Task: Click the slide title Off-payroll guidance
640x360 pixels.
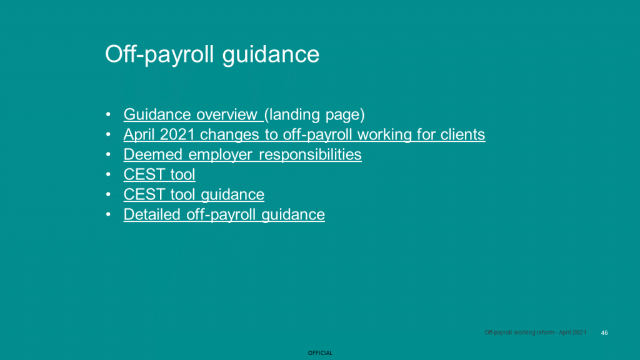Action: click(212, 54)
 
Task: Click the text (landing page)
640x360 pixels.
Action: click(314, 115)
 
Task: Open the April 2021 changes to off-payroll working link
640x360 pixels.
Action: click(304, 135)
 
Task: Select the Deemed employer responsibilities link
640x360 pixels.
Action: click(242, 155)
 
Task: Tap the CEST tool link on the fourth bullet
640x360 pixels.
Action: click(159, 175)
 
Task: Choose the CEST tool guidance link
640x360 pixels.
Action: click(194, 195)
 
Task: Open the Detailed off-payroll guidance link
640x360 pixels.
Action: click(224, 215)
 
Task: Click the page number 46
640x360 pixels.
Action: click(604, 333)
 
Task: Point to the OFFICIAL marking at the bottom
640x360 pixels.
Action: click(320, 353)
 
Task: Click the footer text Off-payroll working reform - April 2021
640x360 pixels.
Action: click(535, 332)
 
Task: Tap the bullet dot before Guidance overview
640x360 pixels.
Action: click(108, 114)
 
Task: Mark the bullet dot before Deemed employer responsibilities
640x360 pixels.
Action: click(108, 154)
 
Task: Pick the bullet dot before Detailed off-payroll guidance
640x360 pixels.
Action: click(108, 214)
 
